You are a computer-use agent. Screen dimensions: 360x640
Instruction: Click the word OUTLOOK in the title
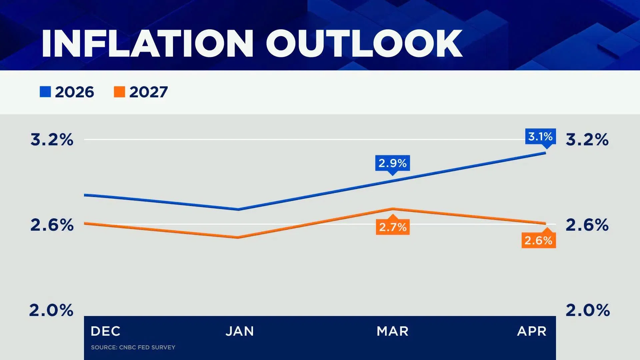tap(364, 44)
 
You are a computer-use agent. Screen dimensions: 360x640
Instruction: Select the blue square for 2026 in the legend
tap(45, 92)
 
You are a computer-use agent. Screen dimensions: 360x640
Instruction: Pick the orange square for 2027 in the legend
tap(119, 92)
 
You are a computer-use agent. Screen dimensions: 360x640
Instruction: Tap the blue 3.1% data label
tap(540, 136)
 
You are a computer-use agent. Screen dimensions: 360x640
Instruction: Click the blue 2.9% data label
tap(392, 163)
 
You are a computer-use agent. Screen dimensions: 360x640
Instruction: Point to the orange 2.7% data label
tap(393, 227)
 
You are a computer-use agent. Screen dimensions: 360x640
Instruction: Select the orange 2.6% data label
tap(538, 240)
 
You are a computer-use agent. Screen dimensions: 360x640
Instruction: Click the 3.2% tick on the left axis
tap(52, 139)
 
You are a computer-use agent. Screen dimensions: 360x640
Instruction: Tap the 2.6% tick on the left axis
tap(52, 225)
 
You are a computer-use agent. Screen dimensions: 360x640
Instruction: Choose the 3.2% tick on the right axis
tap(587, 139)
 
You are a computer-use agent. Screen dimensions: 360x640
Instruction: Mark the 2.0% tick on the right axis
tap(588, 310)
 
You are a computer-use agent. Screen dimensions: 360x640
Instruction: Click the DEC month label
tap(105, 331)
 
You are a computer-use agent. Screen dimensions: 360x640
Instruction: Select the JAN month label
tap(240, 331)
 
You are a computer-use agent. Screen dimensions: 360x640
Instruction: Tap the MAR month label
tap(392, 331)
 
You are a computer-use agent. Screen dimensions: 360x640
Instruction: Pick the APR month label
tap(532, 331)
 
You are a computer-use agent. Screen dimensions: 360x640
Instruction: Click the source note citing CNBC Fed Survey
tap(133, 347)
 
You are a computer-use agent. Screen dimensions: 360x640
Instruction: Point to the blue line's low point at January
tap(238, 209)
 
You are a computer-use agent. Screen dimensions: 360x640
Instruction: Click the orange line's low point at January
tap(238, 237)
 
